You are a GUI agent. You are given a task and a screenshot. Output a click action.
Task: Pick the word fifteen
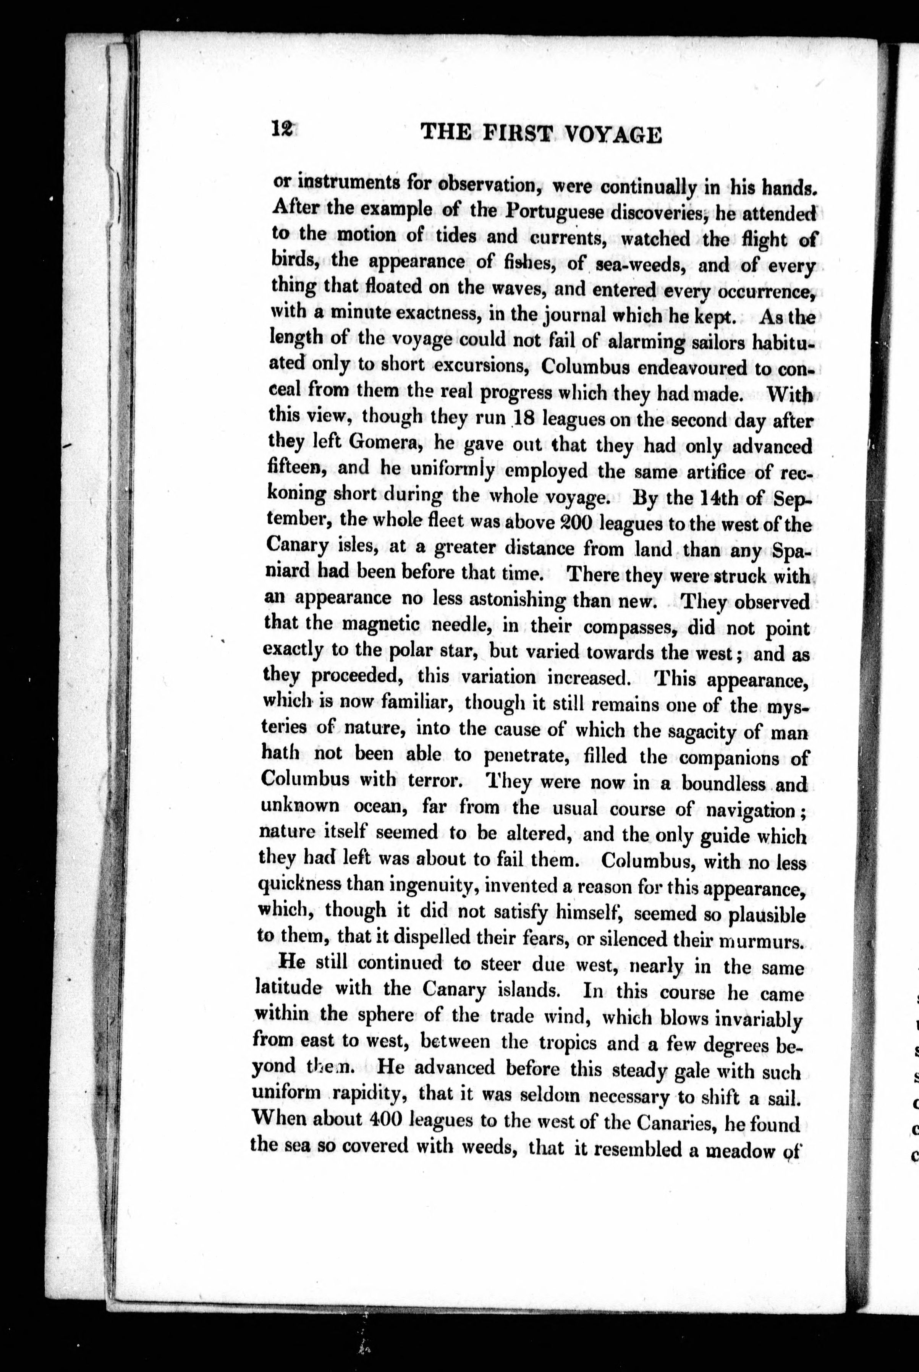(x=299, y=468)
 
